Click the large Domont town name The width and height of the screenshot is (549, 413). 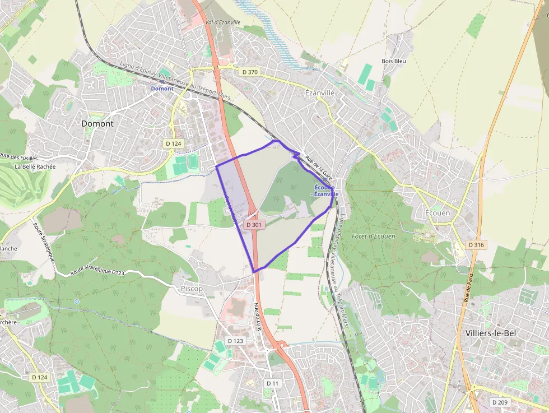click(x=97, y=123)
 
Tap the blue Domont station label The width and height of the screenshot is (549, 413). click(x=162, y=89)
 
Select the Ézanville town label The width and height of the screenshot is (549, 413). click(x=319, y=92)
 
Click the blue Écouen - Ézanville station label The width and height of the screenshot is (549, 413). click(x=324, y=191)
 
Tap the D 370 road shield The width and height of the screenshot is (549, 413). click(x=250, y=72)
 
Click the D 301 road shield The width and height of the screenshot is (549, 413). click(x=254, y=225)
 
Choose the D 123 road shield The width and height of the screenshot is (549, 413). click(x=236, y=341)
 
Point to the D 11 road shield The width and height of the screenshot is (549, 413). click(x=272, y=383)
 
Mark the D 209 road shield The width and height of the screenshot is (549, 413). click(x=500, y=402)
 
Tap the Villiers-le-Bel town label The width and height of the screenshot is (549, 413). click(x=491, y=333)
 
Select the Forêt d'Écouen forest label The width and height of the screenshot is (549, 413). click(x=374, y=236)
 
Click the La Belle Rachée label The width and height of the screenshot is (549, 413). click(x=35, y=166)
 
